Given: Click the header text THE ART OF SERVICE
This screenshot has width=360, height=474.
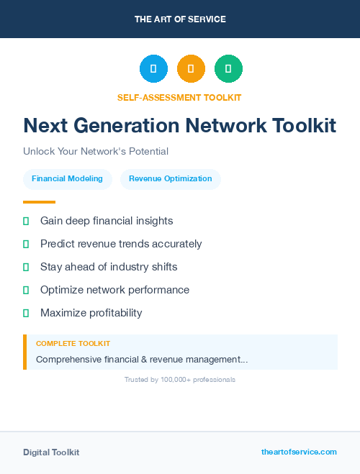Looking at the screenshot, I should pos(180,19).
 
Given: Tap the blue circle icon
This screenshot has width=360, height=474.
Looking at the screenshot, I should pos(153,69).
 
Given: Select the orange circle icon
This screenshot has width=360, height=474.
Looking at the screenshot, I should pos(191,69).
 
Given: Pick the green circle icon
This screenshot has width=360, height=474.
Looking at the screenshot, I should pos(228,69).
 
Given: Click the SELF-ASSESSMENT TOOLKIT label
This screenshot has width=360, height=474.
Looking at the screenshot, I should pos(179,97).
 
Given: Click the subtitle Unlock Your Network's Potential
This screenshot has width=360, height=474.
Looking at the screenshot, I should pos(96,152).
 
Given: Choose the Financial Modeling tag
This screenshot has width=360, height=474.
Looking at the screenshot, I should pos(68,179).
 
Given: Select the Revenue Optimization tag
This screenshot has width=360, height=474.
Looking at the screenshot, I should pos(170,179).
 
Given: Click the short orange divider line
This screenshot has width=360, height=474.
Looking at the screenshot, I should pos(39,202).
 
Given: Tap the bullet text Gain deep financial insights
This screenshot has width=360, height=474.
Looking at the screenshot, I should pos(107,221).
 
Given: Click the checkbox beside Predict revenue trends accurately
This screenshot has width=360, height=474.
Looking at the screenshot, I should pos(26,244).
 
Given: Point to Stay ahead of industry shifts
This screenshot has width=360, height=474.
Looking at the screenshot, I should pos(109,267).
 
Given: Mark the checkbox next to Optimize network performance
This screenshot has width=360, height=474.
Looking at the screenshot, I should pos(26,290).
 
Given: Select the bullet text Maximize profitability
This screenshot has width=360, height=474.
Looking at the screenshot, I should pos(91,313).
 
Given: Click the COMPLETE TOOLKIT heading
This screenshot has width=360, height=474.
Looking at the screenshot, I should pos(73,344).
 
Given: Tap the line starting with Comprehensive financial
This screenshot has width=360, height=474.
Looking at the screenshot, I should pos(142,359).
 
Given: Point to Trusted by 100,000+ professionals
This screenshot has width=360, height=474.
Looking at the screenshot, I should pos(180,379).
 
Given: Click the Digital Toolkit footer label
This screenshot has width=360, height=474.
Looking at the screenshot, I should pos(51,452).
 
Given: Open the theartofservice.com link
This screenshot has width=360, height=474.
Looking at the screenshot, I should pos(299,452).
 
